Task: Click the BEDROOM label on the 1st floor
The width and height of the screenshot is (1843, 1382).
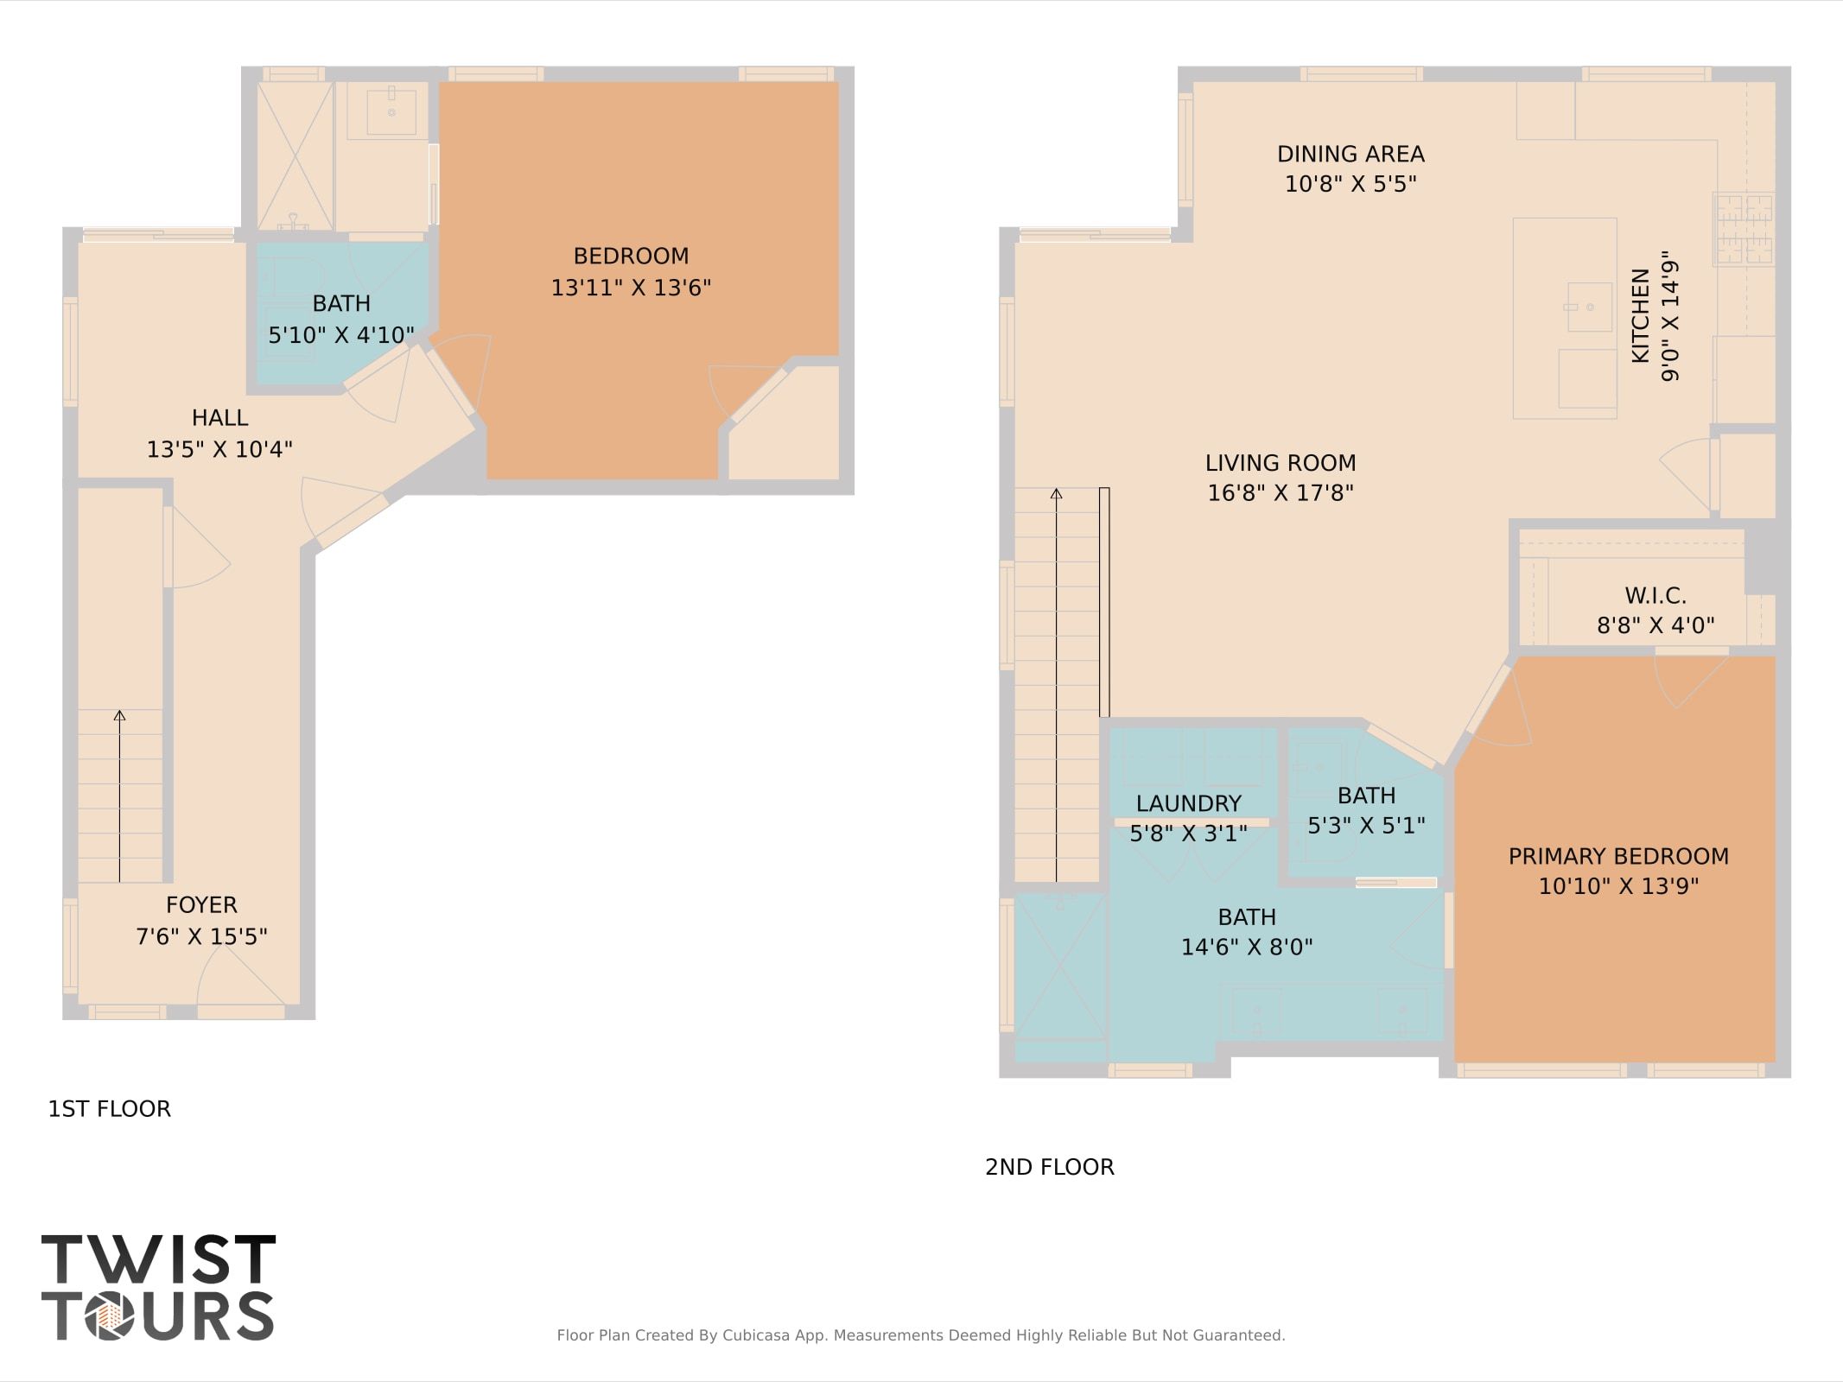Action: (x=631, y=256)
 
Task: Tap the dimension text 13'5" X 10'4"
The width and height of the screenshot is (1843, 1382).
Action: (x=219, y=449)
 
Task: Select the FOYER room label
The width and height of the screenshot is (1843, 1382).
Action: (x=201, y=904)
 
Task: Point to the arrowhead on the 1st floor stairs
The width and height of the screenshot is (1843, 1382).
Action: (x=119, y=715)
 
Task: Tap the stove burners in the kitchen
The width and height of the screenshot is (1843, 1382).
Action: (x=1744, y=229)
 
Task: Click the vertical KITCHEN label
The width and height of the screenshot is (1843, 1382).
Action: (x=1640, y=315)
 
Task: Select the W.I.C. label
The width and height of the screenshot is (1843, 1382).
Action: (x=1656, y=595)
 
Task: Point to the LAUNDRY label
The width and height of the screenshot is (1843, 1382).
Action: (x=1188, y=803)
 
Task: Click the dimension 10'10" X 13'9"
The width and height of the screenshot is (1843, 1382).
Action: (x=1618, y=886)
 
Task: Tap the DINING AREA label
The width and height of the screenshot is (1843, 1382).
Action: (x=1350, y=154)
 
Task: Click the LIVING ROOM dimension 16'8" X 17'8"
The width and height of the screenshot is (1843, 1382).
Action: (x=1280, y=492)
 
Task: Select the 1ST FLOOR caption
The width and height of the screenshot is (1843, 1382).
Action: (x=109, y=1109)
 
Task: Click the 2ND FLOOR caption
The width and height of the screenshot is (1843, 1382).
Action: (x=1049, y=1167)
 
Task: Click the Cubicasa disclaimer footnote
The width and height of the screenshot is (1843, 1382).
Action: (x=920, y=1335)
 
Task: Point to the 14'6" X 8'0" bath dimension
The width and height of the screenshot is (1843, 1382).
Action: (x=1246, y=948)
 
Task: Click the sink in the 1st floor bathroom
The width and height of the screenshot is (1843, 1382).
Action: (x=391, y=110)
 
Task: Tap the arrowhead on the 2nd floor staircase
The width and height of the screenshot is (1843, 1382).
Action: (x=1056, y=494)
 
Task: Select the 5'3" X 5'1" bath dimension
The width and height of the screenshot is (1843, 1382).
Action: (x=1366, y=826)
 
